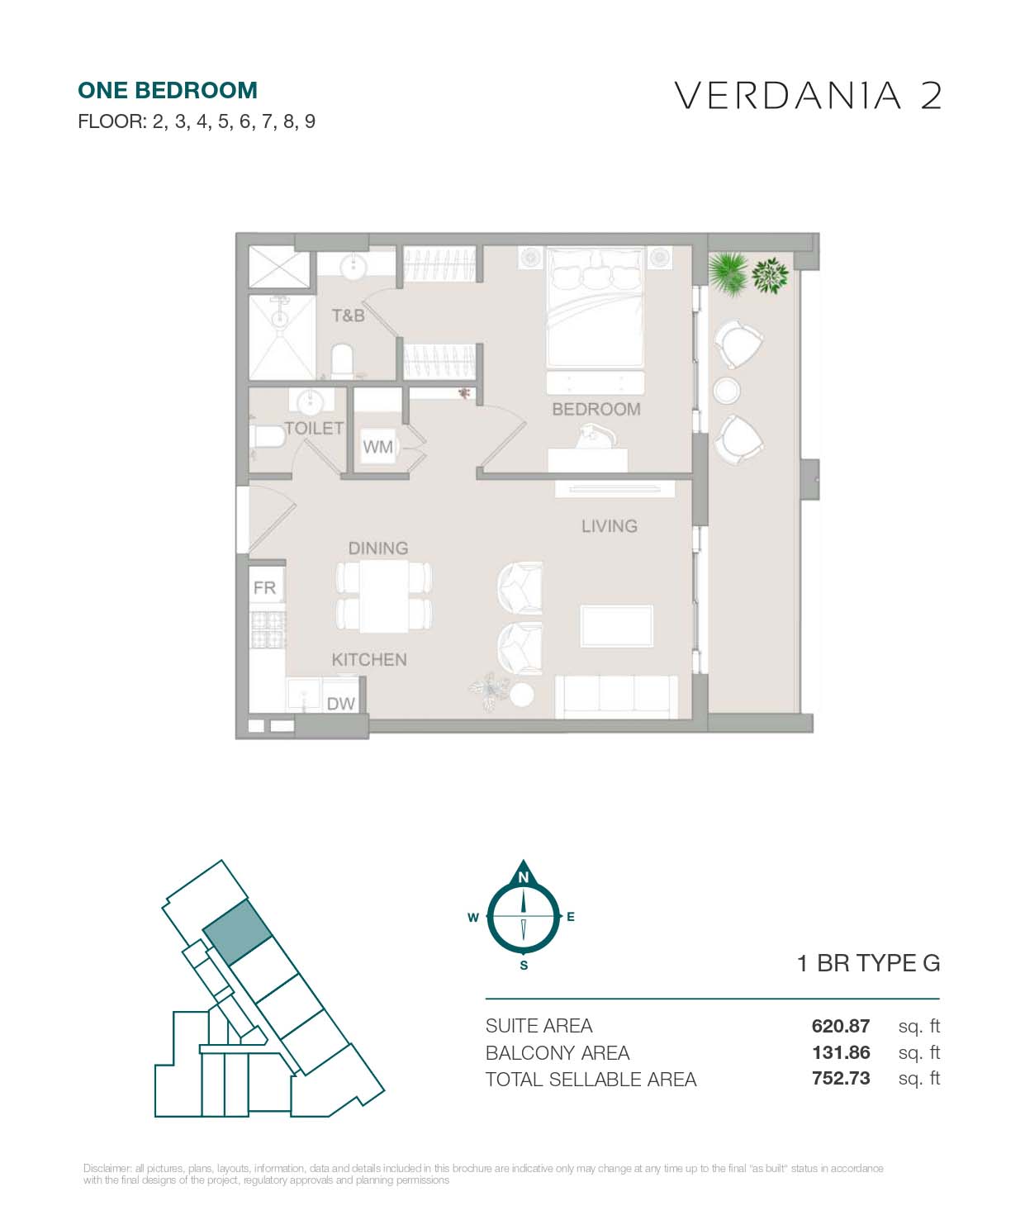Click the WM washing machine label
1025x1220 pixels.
[377, 447]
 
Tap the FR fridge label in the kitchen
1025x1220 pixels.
[265, 587]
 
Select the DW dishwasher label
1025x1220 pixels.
[340, 704]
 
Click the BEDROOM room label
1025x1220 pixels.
[596, 409]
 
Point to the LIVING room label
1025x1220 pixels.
[609, 526]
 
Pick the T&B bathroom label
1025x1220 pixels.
[349, 316]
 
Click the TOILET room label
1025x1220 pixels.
[314, 429]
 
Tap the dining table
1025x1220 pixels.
[384, 596]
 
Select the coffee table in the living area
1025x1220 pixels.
[616, 626]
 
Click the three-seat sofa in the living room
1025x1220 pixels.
[616, 697]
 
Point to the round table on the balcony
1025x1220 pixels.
[726, 391]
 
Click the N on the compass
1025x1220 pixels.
[523, 877]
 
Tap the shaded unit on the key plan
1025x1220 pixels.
[237, 933]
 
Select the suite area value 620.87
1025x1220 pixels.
[840, 1025]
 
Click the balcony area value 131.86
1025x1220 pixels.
[840, 1052]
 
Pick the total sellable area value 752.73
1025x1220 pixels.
[840, 1079]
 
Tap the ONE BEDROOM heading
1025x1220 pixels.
[168, 91]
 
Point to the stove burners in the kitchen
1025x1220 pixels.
[268, 629]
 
